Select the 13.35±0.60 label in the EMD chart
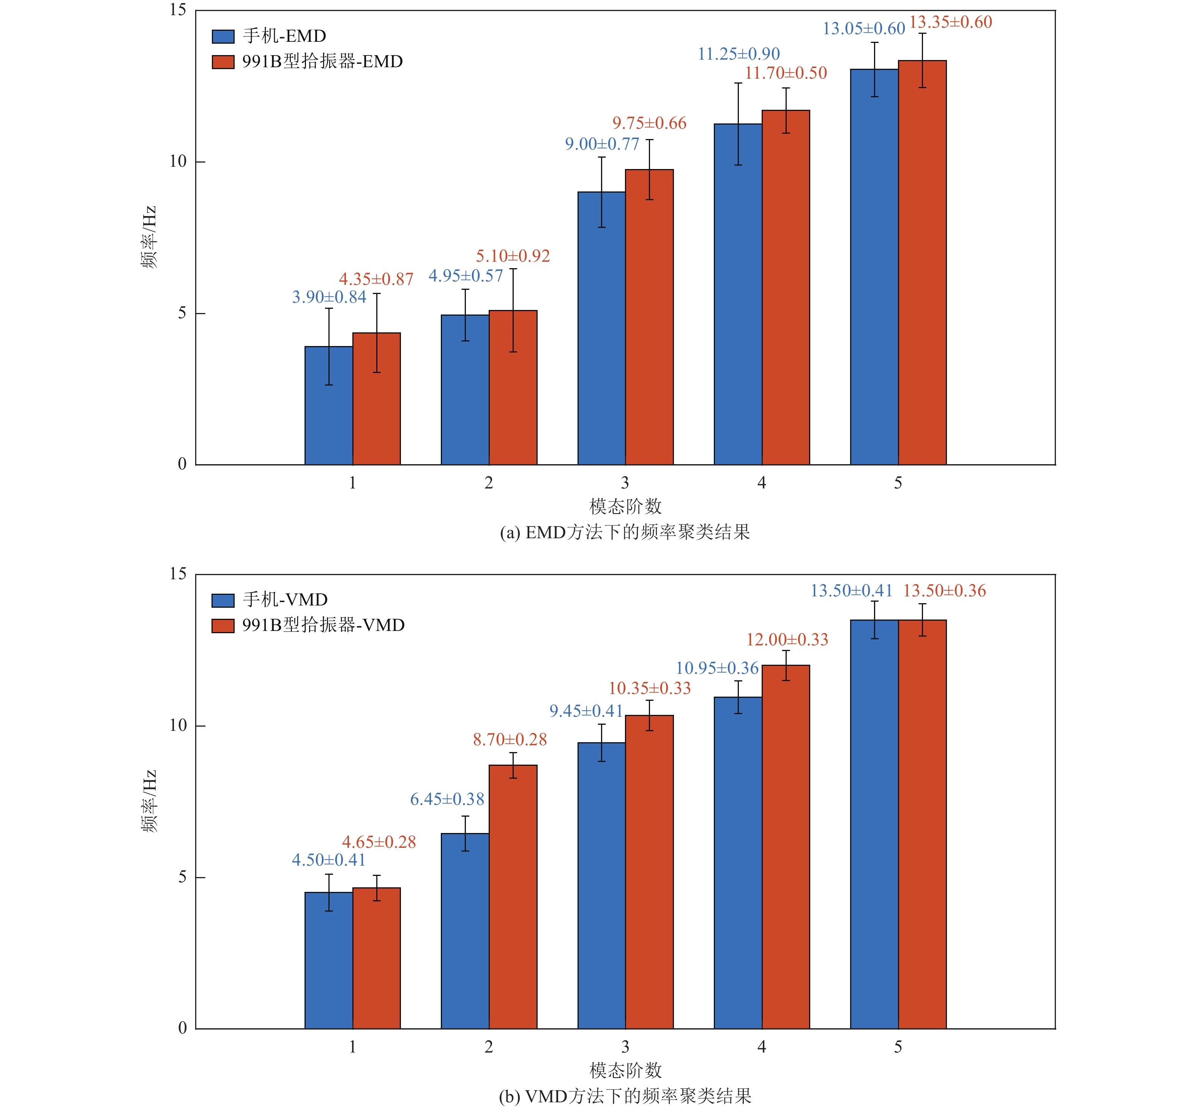pos(950,22)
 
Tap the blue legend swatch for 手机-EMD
pos(223,36)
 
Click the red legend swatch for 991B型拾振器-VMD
pos(223,626)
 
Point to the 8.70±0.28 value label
pos(510,739)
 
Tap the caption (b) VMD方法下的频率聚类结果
pos(625,1096)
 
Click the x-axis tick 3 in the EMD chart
pos(625,483)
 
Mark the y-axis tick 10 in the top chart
pos(178,161)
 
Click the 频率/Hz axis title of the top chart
pos(148,237)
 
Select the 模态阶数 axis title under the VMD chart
pos(625,1070)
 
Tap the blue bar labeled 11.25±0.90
pos(738,294)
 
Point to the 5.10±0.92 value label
pos(513,256)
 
